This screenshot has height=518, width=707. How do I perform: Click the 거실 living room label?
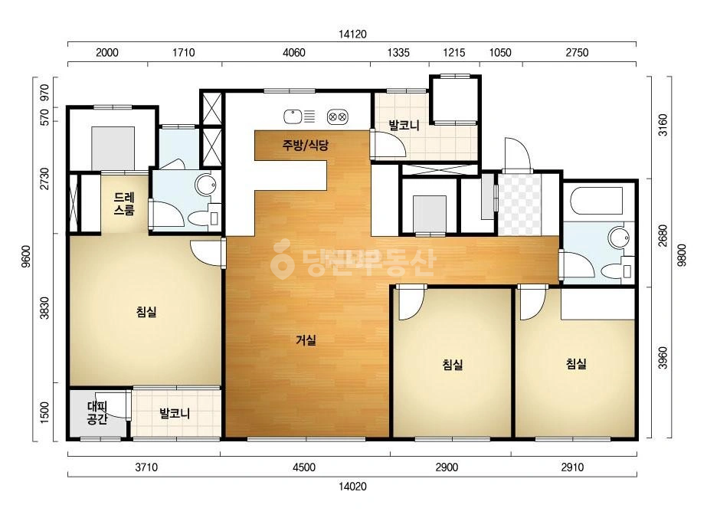(306, 339)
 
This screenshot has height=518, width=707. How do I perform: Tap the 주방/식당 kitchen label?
(306, 145)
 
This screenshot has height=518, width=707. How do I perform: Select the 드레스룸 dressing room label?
(123, 204)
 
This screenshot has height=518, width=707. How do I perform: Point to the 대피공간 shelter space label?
(97, 413)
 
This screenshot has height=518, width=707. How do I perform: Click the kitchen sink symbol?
(293, 117)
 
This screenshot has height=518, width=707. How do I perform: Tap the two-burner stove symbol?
(337, 117)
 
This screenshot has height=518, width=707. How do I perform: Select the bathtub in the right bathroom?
(597, 201)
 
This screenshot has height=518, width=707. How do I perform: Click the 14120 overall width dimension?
(352, 34)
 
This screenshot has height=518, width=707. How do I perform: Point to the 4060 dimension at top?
(294, 53)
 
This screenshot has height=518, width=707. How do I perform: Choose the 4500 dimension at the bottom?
(304, 467)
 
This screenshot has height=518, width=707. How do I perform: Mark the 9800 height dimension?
(682, 255)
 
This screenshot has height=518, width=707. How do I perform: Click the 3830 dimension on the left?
(44, 308)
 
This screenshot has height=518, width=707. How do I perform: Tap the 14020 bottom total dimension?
(352, 487)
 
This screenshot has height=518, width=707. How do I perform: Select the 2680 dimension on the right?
(663, 235)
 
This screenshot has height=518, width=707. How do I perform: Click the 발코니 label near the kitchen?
(404, 125)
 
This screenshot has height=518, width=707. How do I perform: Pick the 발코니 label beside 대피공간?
(175, 413)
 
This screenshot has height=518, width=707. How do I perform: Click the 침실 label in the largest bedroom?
(146, 311)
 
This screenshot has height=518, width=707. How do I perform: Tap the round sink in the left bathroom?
(206, 185)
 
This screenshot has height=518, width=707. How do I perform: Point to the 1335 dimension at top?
(398, 53)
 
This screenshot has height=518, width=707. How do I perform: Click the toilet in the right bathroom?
(617, 270)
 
